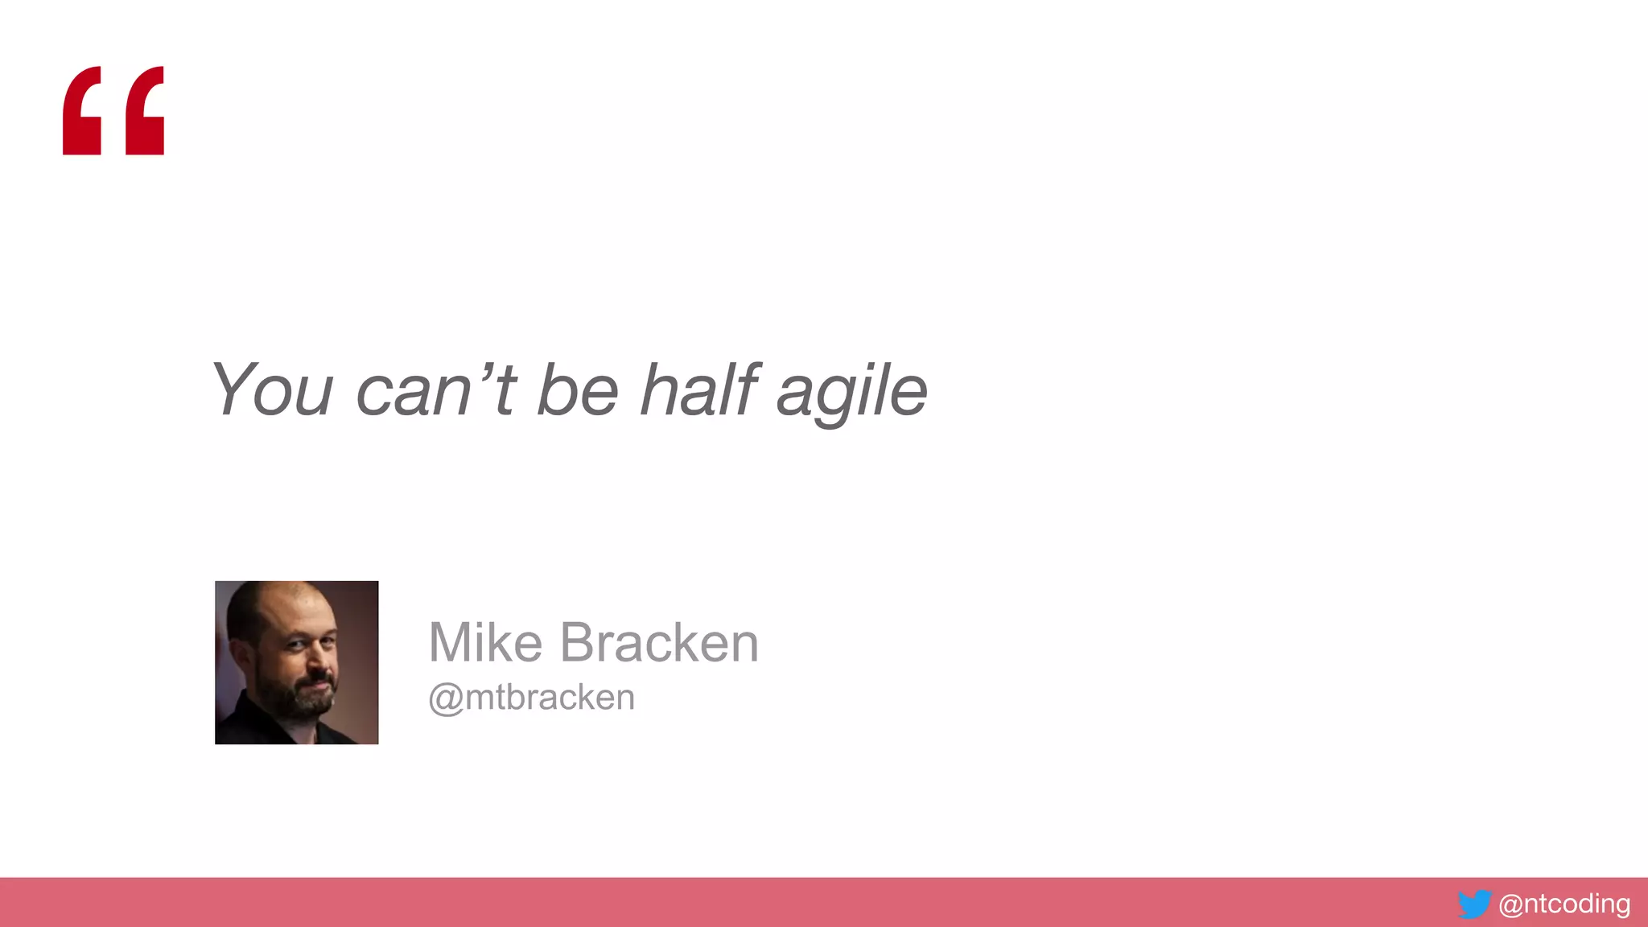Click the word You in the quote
[272, 390]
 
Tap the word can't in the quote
[435, 390]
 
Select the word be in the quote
[577, 390]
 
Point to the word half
[698, 390]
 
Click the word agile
[851, 392]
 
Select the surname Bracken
[659, 643]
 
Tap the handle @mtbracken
[531, 698]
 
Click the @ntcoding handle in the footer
[1564, 904]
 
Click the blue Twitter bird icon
[1474, 904]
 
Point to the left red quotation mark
[82, 111]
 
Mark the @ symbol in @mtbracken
[445, 699]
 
